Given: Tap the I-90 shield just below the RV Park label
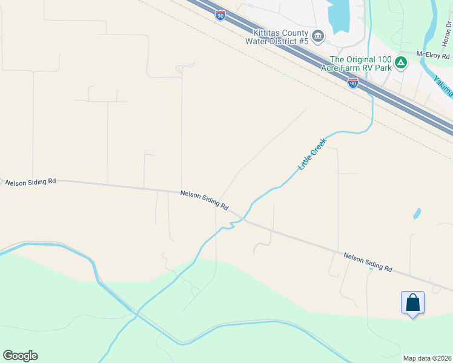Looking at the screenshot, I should click(353, 83).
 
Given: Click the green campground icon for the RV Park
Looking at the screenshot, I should click(400, 62).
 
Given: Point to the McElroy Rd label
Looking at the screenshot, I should click(433, 56).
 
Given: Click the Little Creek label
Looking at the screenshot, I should click(312, 154).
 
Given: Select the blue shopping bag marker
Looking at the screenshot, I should click(412, 302).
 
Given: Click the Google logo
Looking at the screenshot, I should click(20, 356).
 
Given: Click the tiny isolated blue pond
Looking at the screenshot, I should click(417, 214).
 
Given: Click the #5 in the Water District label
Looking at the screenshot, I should click(302, 41).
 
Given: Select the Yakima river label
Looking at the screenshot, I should click(444, 85).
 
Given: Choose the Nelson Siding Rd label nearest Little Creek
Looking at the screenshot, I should click(204, 200).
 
